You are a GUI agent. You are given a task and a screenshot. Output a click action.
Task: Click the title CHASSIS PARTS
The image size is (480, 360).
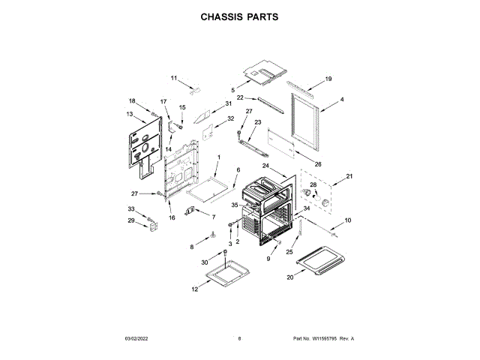coord(240,16)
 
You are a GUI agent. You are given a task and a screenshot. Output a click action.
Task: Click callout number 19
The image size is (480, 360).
coord(328,79)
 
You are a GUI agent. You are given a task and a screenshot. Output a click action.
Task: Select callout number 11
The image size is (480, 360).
coord(173,78)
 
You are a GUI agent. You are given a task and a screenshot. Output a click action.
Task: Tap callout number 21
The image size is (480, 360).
coord(348,177)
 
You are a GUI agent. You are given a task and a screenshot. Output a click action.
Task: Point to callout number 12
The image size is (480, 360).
coord(194,289)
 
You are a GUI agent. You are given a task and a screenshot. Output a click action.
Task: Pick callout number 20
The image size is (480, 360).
coord(290,277)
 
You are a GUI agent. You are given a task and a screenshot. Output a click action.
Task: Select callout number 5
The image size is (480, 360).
coord(232,90)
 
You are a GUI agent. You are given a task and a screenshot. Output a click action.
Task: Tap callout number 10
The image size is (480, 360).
coord(347,220)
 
